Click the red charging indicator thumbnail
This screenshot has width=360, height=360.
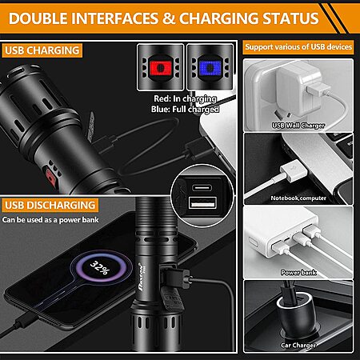tap(161, 67)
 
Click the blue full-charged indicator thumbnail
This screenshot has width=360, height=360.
tap(210, 67)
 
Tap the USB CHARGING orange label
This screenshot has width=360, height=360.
tap(42, 50)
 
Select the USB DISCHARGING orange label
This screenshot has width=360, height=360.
tap(50, 205)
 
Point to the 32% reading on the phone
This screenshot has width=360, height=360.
tap(100, 267)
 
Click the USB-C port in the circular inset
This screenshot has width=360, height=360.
tap(202, 187)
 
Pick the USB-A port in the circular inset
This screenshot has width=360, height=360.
tap(202, 202)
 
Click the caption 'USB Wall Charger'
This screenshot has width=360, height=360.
tap(298, 126)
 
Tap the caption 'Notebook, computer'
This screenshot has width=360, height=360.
tap(298, 198)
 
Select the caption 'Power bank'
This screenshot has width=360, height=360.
tap(298, 273)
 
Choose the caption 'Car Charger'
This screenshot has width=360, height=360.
tap(298, 346)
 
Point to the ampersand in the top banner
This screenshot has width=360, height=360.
tap(169, 18)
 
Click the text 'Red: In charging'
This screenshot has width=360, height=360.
tap(185, 98)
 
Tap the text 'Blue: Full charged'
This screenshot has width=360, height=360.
tap(185, 109)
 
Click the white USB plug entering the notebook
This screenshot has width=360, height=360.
tap(294, 170)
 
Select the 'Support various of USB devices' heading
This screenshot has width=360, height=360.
tap(298, 47)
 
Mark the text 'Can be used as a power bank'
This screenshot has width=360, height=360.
tap(50, 220)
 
